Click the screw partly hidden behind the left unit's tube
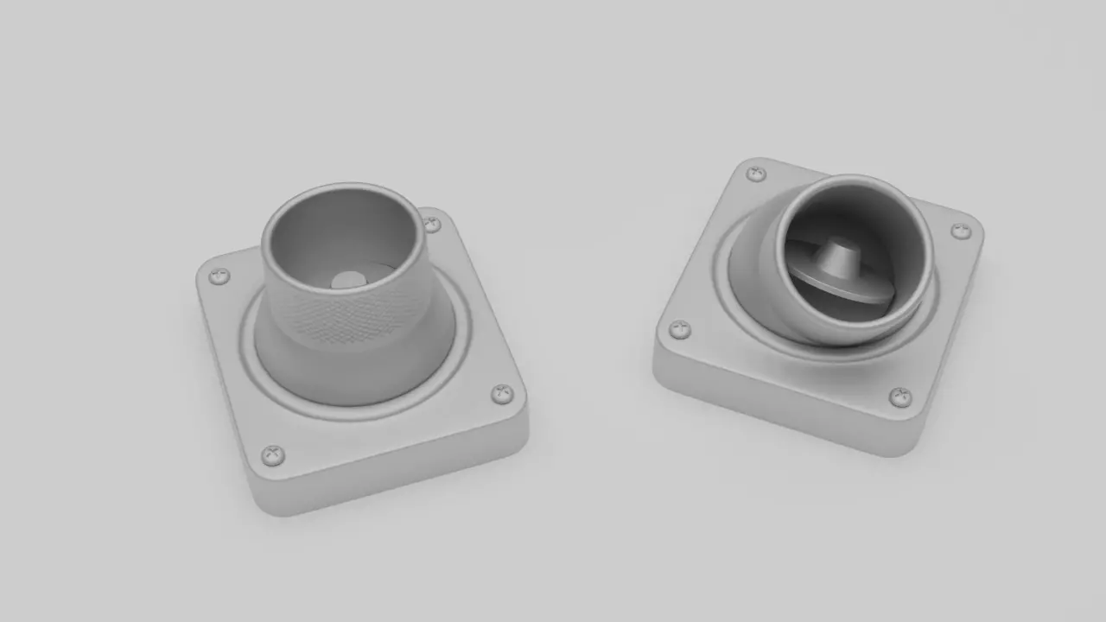pyautogui.click(x=431, y=225)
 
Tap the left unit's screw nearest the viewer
pyautogui.click(x=273, y=454)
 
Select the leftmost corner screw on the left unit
pyautogui.click(x=219, y=276)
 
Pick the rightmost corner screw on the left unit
pyautogui.click(x=502, y=394)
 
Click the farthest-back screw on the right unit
pyautogui.click(x=756, y=174)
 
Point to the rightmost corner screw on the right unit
pyautogui.click(x=961, y=231)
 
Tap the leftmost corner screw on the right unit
pyautogui.click(x=680, y=328)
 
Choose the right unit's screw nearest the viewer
pyautogui.click(x=900, y=397)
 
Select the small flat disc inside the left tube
pyautogui.click(x=348, y=280)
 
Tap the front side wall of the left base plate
pyautogui.click(x=389, y=479)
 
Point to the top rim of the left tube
pyautogui.click(x=342, y=187)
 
